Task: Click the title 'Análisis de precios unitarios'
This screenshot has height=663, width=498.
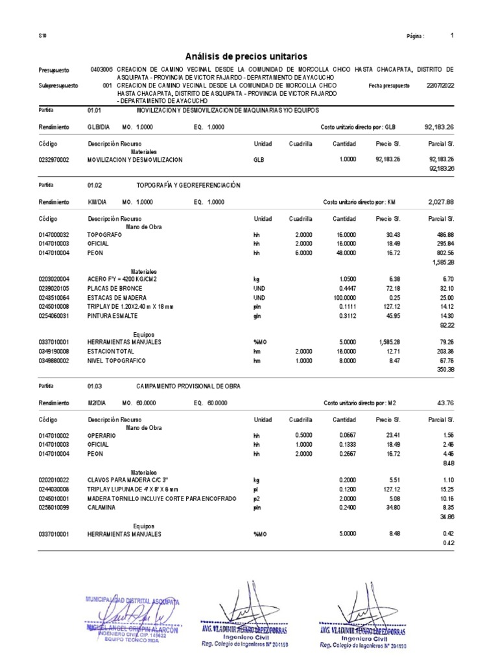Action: click(x=246, y=57)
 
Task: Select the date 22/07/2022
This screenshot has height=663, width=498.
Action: click(x=440, y=85)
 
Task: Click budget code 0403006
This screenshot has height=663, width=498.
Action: click(x=102, y=69)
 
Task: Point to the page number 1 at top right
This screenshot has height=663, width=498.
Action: click(x=451, y=36)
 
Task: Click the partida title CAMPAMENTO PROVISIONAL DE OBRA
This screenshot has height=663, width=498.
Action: click(x=188, y=386)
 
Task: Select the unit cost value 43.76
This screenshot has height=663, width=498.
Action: click(x=446, y=403)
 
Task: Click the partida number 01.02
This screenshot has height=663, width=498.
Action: click(x=95, y=186)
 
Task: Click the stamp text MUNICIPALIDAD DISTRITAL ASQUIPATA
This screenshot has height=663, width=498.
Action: click(x=132, y=601)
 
